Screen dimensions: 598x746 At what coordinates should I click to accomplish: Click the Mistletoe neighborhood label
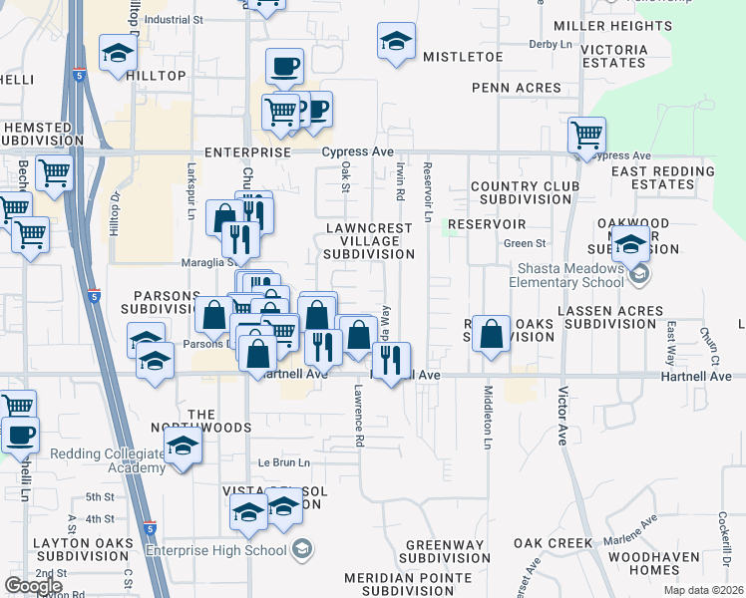point(462,57)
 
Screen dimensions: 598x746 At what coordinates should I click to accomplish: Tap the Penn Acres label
point(517,89)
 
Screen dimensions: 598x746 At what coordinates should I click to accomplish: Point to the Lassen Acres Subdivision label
point(610,317)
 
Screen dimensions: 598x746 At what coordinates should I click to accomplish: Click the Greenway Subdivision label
point(447,551)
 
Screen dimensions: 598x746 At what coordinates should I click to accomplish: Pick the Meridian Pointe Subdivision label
point(407,584)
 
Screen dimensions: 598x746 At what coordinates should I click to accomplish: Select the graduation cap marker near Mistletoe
point(396,42)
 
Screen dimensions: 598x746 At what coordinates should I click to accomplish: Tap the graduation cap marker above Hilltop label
point(118,53)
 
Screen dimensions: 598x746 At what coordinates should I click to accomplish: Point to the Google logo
point(33,586)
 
